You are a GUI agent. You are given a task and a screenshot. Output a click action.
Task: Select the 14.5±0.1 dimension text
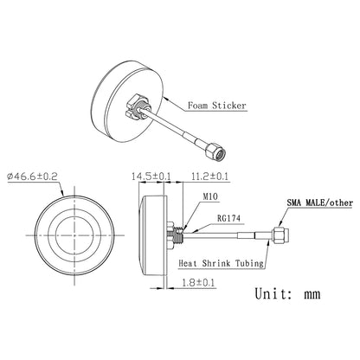(x=149, y=177)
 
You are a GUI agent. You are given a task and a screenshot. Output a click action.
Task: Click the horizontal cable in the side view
(x=234, y=233)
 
